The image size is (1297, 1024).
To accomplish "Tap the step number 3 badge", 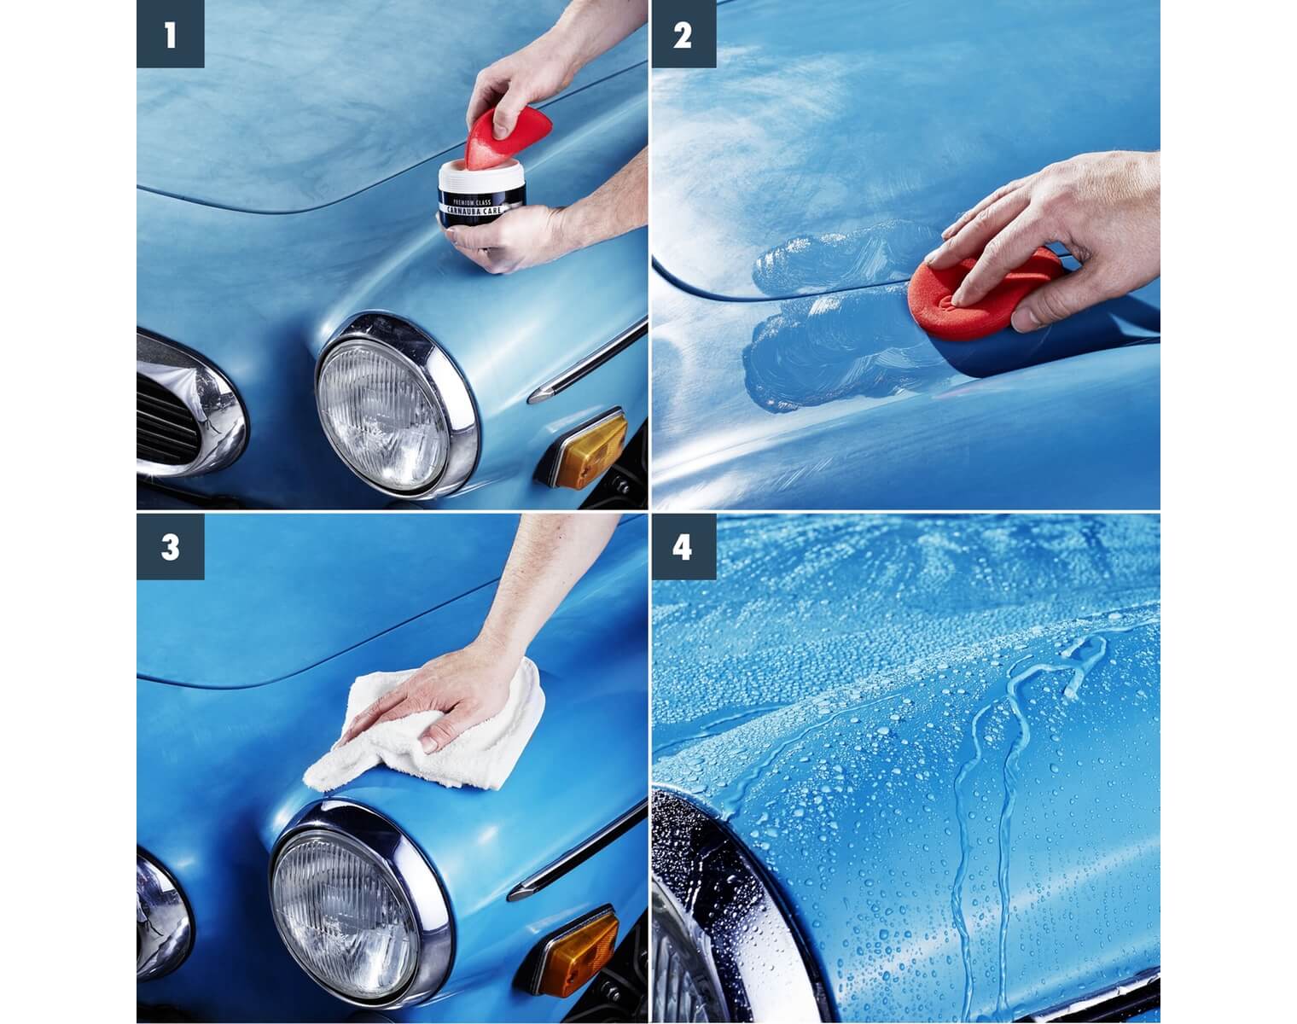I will pyautogui.click(x=170, y=546).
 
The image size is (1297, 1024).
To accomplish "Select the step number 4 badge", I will pyautogui.click(x=683, y=546).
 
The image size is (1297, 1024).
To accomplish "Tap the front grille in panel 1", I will pyautogui.click(x=166, y=418).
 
